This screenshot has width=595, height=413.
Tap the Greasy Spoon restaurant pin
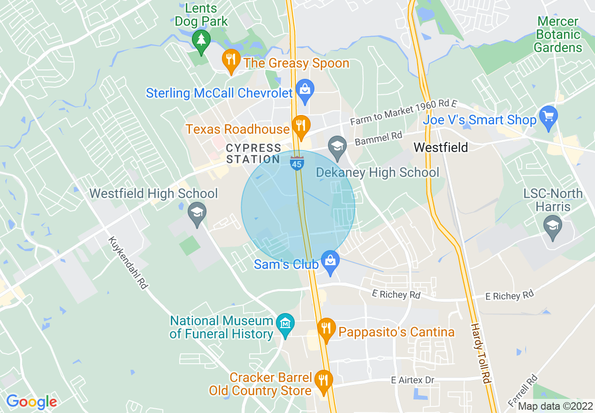230,60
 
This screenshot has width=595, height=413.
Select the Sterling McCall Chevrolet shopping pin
305,90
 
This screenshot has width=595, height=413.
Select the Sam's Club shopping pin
330,260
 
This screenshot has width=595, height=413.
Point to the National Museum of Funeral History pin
285,323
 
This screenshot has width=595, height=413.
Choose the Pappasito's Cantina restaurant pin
325,328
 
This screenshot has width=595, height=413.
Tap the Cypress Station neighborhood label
253,154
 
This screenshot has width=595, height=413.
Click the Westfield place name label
441,148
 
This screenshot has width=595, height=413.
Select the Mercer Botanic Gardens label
558,35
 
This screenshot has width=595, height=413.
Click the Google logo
31,402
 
